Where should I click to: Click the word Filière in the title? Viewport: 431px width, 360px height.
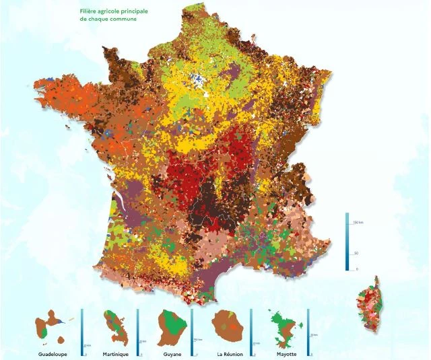coord(88,11)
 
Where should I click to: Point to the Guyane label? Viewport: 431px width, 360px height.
coord(172,353)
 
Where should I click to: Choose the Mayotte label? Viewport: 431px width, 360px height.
coord(286,353)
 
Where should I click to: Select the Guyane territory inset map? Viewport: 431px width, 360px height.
coord(170,327)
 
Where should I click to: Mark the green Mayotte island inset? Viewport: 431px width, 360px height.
coord(283,328)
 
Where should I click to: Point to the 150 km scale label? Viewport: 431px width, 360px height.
coord(358,221)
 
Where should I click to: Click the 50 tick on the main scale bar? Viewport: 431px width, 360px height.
coord(356,254)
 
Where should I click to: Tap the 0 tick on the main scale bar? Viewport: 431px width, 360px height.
coord(356,268)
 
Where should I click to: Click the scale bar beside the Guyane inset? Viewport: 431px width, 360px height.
coord(192,331)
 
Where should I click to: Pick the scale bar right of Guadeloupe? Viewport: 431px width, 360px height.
coord(81,331)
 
